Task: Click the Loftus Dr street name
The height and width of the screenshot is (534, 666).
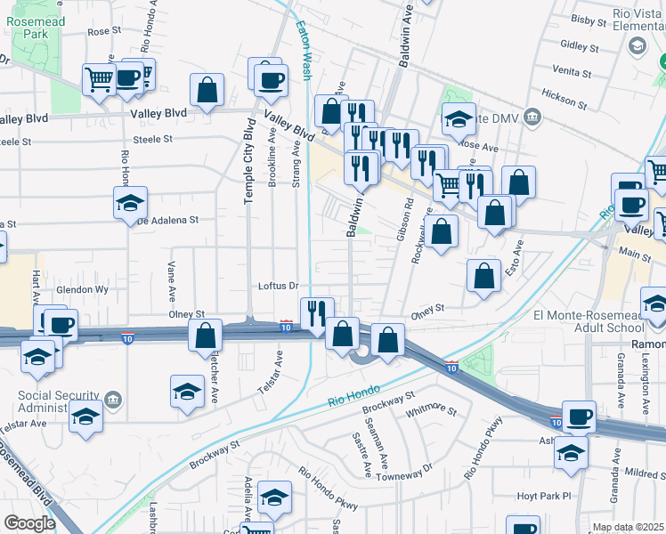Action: (x=276, y=286)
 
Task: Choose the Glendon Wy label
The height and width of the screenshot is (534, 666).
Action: (x=82, y=290)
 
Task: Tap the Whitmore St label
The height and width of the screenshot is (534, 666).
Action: (x=430, y=412)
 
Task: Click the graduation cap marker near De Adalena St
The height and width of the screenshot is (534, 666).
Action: (x=130, y=203)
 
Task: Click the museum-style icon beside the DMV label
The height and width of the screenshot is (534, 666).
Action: (x=532, y=117)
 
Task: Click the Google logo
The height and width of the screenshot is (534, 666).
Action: (x=29, y=523)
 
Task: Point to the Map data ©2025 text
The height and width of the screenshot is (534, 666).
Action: (x=629, y=527)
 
